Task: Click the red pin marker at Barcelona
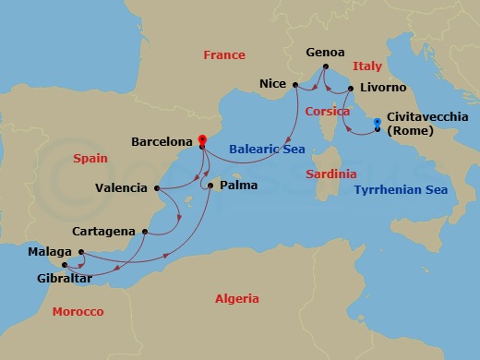click(x=201, y=141)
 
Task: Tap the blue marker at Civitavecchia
click(x=377, y=123)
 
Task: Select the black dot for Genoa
click(x=326, y=66)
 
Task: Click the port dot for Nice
click(x=295, y=85)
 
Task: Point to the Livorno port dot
click(x=352, y=90)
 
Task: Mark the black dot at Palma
click(x=211, y=186)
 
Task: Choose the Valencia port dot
click(x=156, y=188)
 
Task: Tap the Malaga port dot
click(x=81, y=252)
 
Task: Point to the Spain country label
click(x=90, y=159)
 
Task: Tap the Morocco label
click(x=78, y=312)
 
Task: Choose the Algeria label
click(x=236, y=299)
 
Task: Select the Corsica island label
click(x=327, y=111)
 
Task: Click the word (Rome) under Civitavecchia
click(x=407, y=132)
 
